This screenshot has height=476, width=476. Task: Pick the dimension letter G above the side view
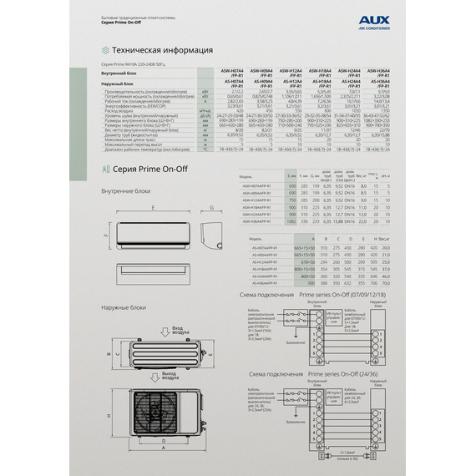212,205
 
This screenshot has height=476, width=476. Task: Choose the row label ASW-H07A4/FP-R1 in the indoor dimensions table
258,186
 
